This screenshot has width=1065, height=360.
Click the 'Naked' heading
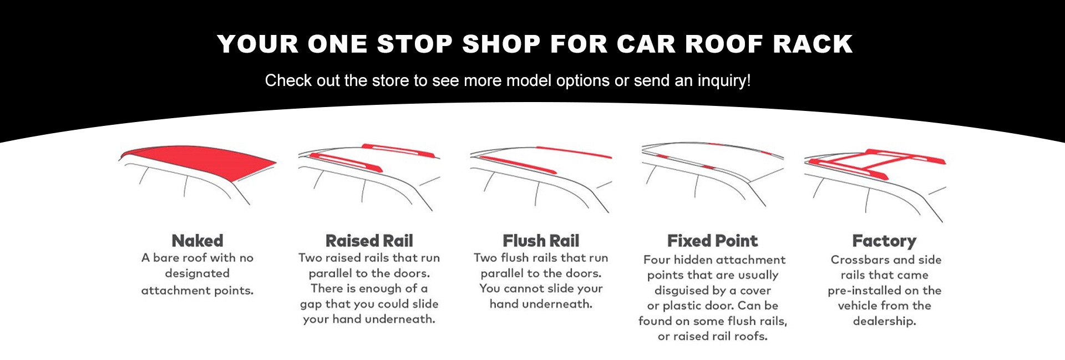pyautogui.click(x=197, y=241)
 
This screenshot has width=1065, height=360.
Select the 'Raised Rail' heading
pyautogui.click(x=369, y=241)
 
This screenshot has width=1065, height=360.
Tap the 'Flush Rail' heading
pyautogui.click(x=541, y=241)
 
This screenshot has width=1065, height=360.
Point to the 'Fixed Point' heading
pyautogui.click(x=712, y=241)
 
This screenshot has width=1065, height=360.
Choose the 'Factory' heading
pyautogui.click(x=884, y=241)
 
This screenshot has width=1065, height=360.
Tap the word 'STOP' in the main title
pyautogui.click(x=414, y=44)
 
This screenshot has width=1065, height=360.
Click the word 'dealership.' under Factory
pyautogui.click(x=884, y=321)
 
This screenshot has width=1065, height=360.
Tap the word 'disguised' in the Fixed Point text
pyautogui.click(x=682, y=291)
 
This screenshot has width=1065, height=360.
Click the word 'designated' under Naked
pyautogui.click(x=197, y=273)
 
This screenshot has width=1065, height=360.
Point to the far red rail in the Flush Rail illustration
pyautogui.click(x=574, y=152)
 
